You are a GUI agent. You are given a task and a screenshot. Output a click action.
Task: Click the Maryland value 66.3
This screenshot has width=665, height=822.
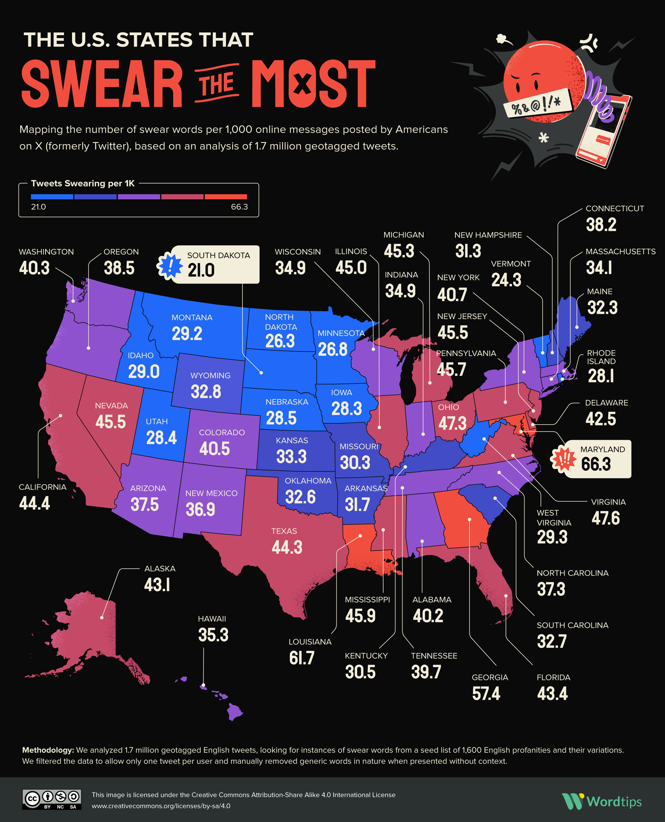(x=596, y=464)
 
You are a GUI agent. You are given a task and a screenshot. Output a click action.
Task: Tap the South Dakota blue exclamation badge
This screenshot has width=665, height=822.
(x=169, y=265)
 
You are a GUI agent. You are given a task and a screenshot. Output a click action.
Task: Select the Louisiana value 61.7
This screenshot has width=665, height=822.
(x=301, y=658)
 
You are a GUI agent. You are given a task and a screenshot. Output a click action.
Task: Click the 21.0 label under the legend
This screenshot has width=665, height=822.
(x=38, y=207)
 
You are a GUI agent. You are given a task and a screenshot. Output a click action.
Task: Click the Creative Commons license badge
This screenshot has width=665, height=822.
(x=52, y=799)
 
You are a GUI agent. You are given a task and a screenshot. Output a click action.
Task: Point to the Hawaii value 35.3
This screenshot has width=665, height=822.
(x=213, y=635)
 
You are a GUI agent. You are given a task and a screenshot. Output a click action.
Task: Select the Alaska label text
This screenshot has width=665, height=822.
(x=160, y=569)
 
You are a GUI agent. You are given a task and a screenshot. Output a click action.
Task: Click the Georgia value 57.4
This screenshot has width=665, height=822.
(x=486, y=693)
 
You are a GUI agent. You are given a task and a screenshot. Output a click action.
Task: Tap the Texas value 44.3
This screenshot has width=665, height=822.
(x=287, y=547)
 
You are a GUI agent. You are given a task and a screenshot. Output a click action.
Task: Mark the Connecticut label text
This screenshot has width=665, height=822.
(x=615, y=208)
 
